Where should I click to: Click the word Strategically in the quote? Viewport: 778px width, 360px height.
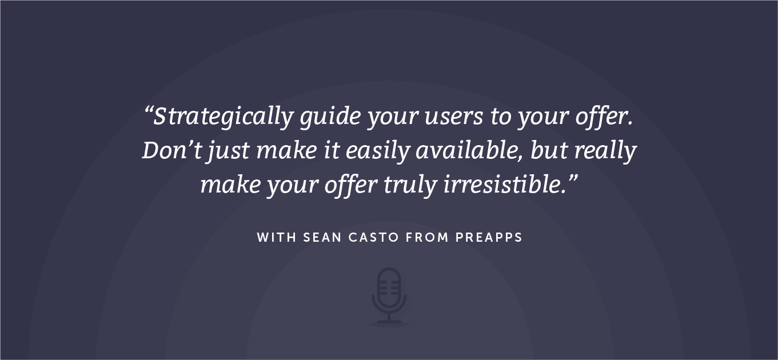pyautogui.click(x=224, y=117)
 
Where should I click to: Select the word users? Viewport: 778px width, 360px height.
pyautogui.click(x=453, y=118)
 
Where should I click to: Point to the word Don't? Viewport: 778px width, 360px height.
pyautogui.click(x=171, y=150)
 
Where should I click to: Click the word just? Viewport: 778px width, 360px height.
pyautogui.click(x=228, y=151)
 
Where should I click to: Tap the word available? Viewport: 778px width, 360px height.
pyautogui.click(x=469, y=151)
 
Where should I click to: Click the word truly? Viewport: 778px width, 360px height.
pyautogui.click(x=410, y=186)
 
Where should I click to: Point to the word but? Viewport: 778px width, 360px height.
pyautogui.click(x=549, y=150)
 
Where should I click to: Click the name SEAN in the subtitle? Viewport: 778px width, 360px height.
pyautogui.click(x=322, y=238)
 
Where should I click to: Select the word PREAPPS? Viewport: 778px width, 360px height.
pyautogui.click(x=489, y=238)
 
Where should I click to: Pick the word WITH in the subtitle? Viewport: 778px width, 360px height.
pyautogui.click(x=277, y=238)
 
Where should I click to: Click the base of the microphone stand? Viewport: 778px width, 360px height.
pyautogui.click(x=389, y=323)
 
